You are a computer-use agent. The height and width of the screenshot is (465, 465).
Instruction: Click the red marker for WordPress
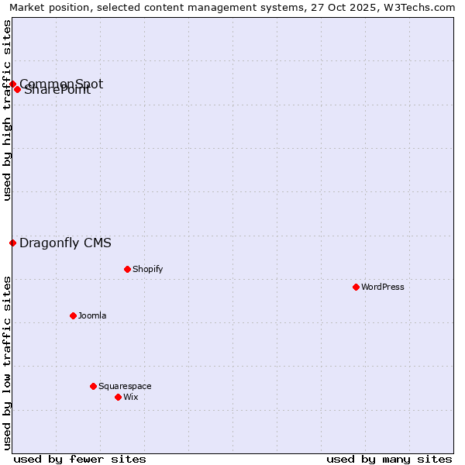(x=356, y=287)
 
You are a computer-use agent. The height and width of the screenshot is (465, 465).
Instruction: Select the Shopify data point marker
(x=127, y=269)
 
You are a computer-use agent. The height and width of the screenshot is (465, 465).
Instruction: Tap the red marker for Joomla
(x=73, y=315)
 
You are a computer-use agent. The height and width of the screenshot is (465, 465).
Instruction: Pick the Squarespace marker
(x=93, y=386)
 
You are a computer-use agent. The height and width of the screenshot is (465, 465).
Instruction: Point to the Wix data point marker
(x=118, y=397)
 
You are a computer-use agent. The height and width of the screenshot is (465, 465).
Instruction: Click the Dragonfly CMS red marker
(x=12, y=243)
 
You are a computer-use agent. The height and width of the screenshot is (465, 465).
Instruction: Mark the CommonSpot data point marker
(x=12, y=84)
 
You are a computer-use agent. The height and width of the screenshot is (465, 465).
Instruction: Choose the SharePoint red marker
(x=17, y=89)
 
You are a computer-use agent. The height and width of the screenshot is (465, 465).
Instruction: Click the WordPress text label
(x=383, y=287)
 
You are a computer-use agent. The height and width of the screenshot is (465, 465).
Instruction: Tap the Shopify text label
(x=147, y=269)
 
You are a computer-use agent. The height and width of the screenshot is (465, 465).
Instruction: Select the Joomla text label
(x=92, y=315)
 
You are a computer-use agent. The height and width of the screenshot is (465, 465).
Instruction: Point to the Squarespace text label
(x=125, y=386)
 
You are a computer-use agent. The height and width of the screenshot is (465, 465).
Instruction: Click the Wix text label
(x=130, y=397)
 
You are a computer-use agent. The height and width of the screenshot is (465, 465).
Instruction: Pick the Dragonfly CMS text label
(x=65, y=243)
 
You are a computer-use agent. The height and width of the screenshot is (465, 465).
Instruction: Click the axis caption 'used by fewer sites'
(x=80, y=459)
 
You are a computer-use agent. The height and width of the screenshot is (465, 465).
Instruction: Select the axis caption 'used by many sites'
(x=389, y=459)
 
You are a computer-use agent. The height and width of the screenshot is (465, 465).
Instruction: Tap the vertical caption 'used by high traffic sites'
(x=7, y=110)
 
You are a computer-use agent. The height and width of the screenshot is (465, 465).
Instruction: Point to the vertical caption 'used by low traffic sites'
(x=7, y=362)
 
